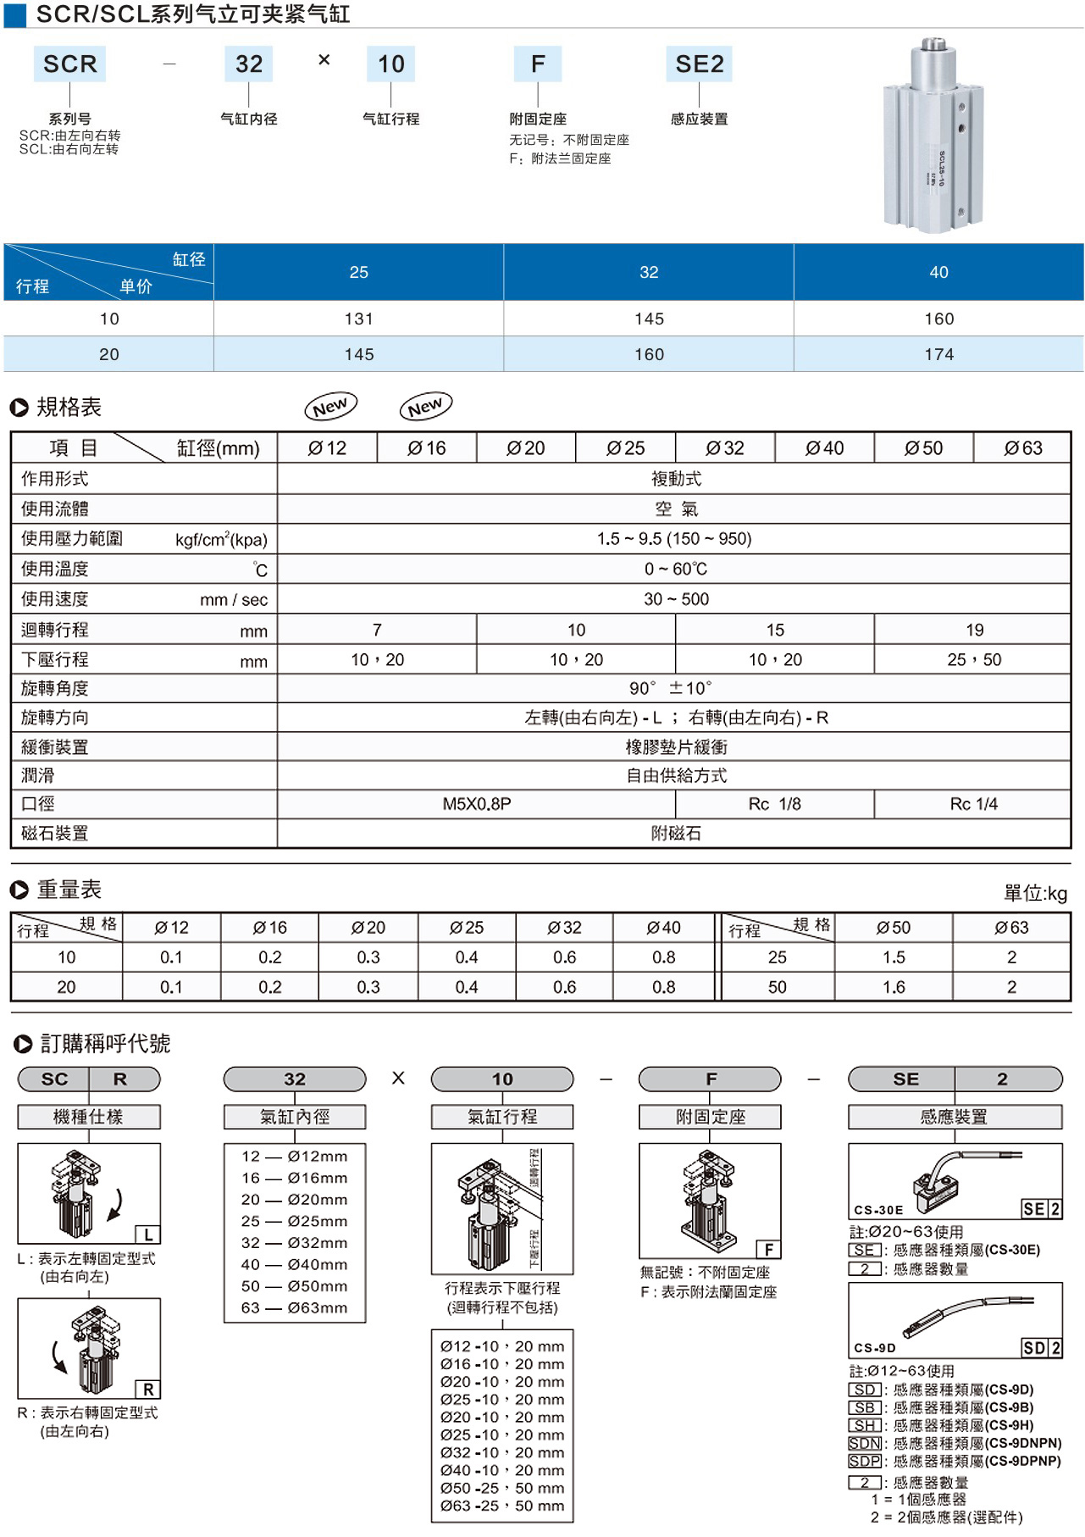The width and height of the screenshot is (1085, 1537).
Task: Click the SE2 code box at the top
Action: coord(700,64)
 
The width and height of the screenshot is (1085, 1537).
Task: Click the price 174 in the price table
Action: coord(938,354)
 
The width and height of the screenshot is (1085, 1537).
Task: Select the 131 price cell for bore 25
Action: coord(359,319)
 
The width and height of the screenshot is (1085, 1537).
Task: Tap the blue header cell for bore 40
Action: coord(938,272)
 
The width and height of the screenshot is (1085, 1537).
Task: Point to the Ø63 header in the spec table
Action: coord(1022,448)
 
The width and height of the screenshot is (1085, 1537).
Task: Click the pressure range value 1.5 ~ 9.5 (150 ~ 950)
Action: coord(674,539)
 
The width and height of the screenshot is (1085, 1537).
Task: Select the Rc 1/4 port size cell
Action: coord(973,804)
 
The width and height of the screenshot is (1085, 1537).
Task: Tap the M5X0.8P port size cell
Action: coord(477,804)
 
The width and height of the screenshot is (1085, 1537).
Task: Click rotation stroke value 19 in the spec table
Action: coord(974,630)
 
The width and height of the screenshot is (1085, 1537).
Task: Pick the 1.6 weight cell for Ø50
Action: coord(894,987)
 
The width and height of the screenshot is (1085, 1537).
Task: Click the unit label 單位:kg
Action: coord(1035,893)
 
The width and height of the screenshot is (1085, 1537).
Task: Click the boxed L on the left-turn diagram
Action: coord(148,1235)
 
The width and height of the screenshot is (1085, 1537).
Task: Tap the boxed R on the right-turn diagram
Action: coord(148,1390)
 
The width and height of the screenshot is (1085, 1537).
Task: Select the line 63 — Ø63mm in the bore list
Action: coord(294,1307)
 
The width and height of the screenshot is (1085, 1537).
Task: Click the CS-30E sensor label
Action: coord(878,1210)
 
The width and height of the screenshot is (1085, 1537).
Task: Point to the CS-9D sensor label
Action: coord(874,1348)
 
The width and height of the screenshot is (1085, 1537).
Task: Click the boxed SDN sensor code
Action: coord(865,1443)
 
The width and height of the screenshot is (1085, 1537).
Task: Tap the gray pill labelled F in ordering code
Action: coord(710,1079)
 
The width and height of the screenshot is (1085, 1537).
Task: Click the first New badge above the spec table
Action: coord(330,407)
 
